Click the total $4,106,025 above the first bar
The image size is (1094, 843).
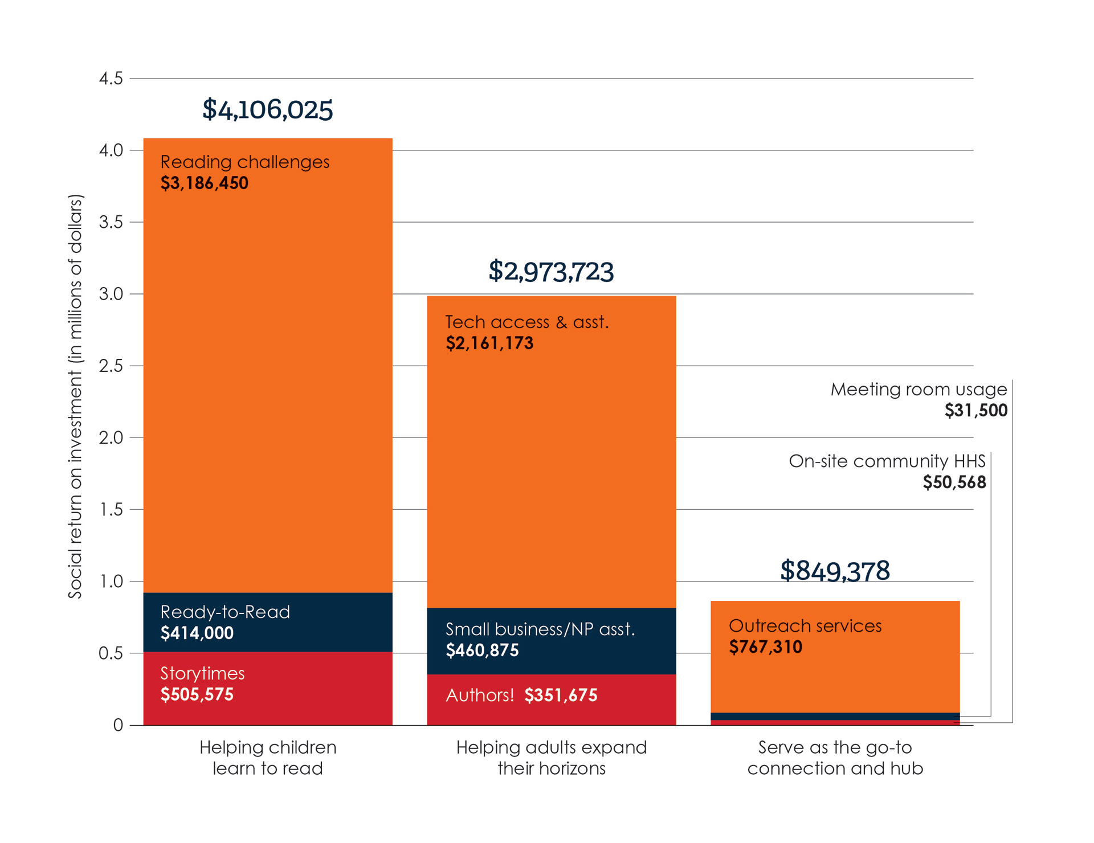(267, 109)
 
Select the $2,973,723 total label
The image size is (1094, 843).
(551, 271)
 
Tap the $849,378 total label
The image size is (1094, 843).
(835, 571)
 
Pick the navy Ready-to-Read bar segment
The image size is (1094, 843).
(268, 622)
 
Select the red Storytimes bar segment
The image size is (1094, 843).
(268, 688)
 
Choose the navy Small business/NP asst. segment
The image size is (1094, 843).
(551, 641)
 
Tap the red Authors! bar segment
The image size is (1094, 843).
(551, 699)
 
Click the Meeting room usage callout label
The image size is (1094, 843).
(919, 399)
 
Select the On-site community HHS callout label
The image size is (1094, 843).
(887, 471)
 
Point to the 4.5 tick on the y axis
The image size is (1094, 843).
(111, 79)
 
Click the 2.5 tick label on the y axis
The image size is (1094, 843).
(111, 366)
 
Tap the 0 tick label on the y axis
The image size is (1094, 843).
(118, 725)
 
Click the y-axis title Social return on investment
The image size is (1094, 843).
(75, 396)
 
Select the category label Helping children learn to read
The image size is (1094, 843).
(268, 758)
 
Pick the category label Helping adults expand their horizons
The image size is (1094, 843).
(551, 758)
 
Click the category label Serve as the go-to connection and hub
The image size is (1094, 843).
(835, 758)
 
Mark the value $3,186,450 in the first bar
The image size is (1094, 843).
(204, 183)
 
